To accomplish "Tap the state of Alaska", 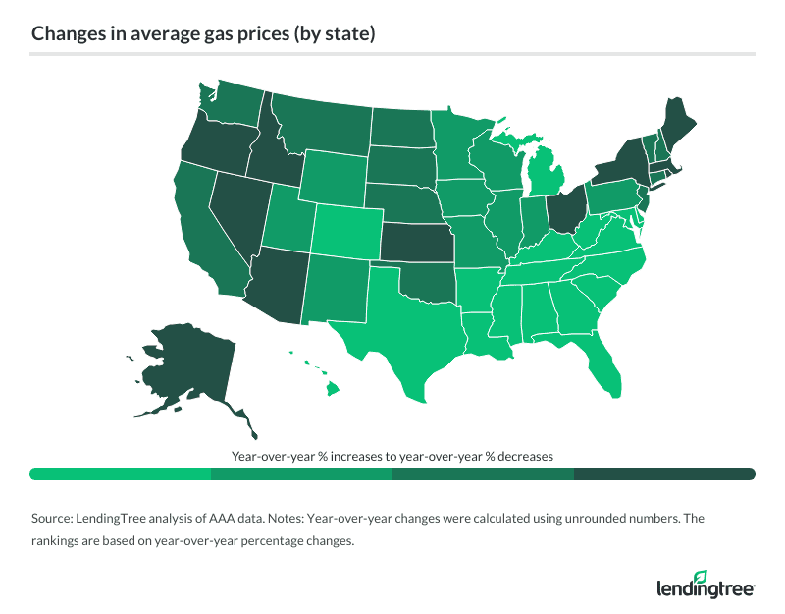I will tap(186, 363).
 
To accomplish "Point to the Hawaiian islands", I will tap(332, 390).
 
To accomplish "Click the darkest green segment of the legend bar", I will tap(664, 474).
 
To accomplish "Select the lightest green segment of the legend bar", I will tap(121, 474).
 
